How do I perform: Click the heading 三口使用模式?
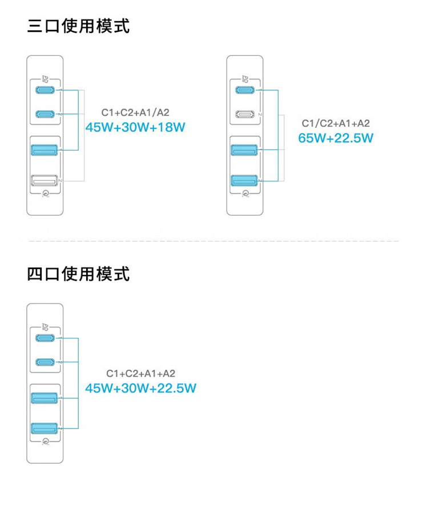tap(78, 26)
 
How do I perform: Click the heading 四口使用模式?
tap(78, 274)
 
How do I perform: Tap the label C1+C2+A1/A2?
tap(135, 112)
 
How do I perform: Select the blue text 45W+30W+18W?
tap(135, 127)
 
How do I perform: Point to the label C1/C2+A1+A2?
tap(336, 123)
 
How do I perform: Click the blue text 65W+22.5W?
tap(336, 138)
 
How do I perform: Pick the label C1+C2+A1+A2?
tap(140, 373)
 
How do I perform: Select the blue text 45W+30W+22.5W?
tap(140, 388)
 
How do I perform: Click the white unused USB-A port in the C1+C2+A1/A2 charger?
tap(45, 180)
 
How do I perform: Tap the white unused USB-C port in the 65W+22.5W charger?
tap(245, 114)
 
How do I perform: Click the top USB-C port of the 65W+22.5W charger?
tap(245, 90)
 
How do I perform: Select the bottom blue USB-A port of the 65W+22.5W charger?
tap(244, 180)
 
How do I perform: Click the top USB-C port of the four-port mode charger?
tap(45, 338)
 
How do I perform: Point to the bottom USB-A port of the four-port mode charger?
tap(45, 428)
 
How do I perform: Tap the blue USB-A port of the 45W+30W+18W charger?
tap(45, 150)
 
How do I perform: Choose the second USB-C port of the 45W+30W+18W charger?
tap(45, 114)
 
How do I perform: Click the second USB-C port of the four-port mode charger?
tap(45, 362)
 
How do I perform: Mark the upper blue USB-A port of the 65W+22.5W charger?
tap(244, 150)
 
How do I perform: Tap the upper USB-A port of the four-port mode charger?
tap(45, 398)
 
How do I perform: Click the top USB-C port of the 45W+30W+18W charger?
tap(45, 90)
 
